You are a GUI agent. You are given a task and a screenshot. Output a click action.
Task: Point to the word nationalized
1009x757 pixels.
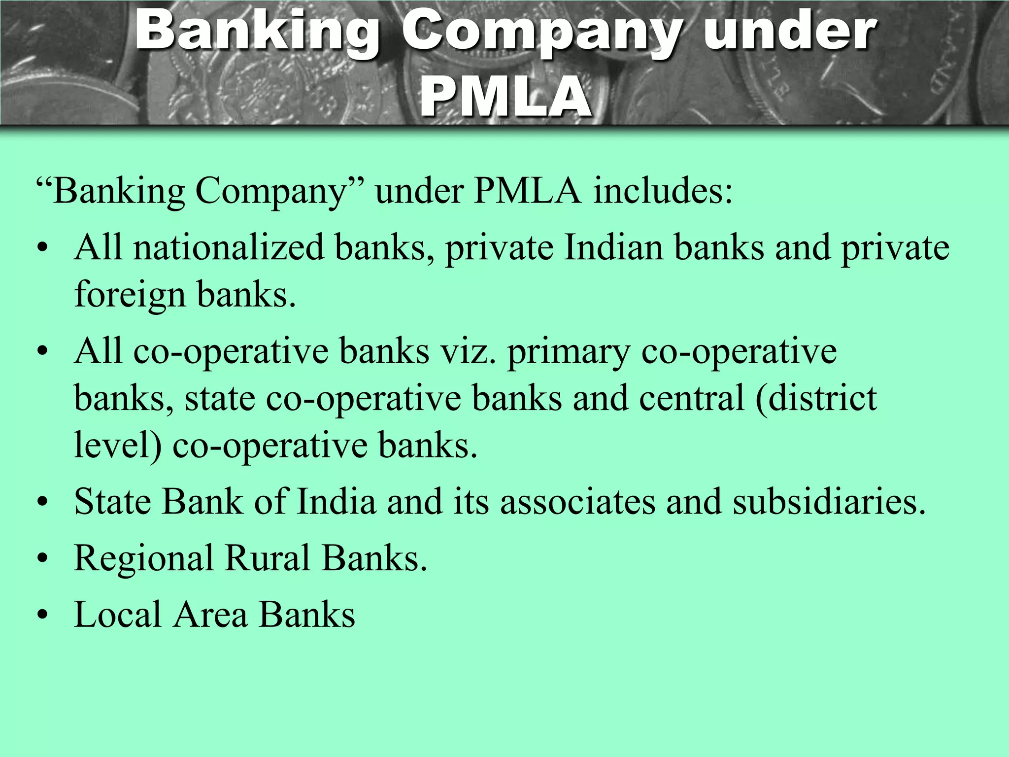tap(229, 247)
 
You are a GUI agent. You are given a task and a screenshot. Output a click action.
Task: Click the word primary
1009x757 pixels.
tap(569, 353)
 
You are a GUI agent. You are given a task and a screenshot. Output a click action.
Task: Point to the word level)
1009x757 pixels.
tap(118, 446)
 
